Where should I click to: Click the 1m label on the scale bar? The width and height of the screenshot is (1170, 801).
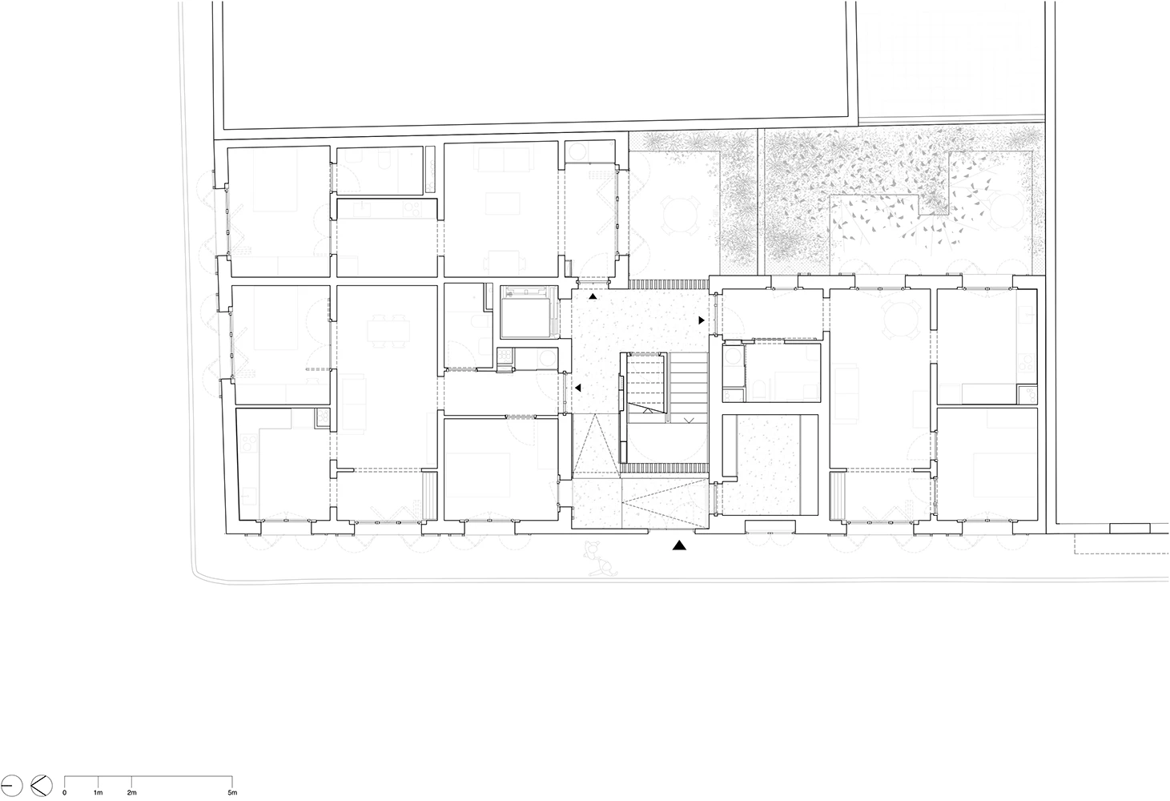pyautogui.click(x=98, y=793)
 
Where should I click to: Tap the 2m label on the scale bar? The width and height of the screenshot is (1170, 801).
pyautogui.click(x=131, y=793)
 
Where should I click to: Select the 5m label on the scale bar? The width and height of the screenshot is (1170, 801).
pyautogui.click(x=232, y=793)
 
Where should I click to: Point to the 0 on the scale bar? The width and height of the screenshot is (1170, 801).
pyautogui.click(x=65, y=793)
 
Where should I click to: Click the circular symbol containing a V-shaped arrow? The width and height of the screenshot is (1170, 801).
pyautogui.click(x=42, y=785)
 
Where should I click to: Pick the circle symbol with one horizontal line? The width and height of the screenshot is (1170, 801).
pyautogui.click(x=11, y=785)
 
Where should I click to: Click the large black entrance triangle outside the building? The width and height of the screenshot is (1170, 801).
pyautogui.click(x=679, y=545)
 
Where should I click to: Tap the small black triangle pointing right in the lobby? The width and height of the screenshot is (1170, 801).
pyautogui.click(x=702, y=320)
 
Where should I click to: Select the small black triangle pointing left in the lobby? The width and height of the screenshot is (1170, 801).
pyautogui.click(x=577, y=388)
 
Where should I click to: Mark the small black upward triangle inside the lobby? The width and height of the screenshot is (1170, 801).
pyautogui.click(x=593, y=296)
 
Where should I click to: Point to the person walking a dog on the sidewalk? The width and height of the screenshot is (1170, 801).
pyautogui.click(x=599, y=558)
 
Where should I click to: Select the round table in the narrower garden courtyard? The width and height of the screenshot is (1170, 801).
pyautogui.click(x=680, y=215)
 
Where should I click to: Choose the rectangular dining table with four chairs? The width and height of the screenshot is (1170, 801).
pyautogui.click(x=388, y=332)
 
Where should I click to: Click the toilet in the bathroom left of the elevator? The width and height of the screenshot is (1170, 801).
pyautogui.click(x=479, y=326)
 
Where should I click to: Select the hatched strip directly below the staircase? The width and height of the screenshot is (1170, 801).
pyautogui.click(x=665, y=468)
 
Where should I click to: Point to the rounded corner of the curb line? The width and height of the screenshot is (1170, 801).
pyautogui.click(x=199, y=576)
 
